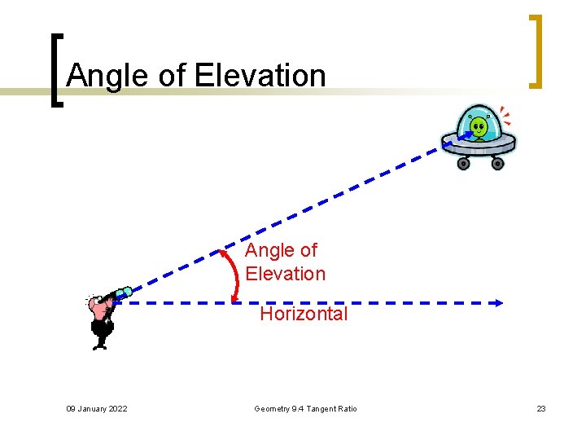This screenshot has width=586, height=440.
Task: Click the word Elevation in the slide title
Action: click(260, 76)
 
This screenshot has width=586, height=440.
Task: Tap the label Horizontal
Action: click(304, 314)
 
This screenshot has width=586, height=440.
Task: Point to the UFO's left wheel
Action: click(463, 163)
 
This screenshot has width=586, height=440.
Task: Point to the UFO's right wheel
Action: click(498, 163)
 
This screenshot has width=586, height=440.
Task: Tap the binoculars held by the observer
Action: click(121, 293)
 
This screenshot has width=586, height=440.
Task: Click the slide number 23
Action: click(540, 408)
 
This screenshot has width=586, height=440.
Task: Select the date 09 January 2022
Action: click(96, 408)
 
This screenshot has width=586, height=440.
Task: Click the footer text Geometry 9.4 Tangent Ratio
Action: click(305, 408)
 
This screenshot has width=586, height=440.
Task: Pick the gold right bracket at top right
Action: click(535, 51)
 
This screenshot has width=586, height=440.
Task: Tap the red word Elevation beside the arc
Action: click(285, 274)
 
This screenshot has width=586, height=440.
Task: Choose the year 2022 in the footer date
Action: click(117, 408)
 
